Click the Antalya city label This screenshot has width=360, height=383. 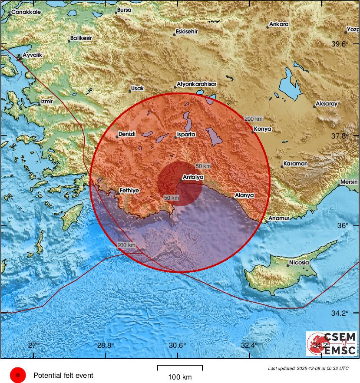pos(193,177)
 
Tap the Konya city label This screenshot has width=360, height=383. pos(263,129)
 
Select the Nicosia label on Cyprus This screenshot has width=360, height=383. pos(299,263)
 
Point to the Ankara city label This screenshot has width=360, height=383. pos(279,24)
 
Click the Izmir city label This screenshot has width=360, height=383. pos(46,102)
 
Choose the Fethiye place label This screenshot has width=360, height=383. pos(130,191)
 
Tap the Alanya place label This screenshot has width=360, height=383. pos(244,195)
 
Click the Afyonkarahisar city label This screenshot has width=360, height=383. pos(196,84)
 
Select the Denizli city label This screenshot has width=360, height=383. pos(128,134)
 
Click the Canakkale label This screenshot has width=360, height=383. pos(26,12)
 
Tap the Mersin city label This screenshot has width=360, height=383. pos(349,182)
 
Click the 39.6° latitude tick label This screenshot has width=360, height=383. pos(340,44)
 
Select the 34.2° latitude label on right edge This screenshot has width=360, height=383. pos(340,313)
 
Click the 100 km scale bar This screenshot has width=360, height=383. pos(180,367)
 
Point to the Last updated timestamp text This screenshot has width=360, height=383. pos(308,368)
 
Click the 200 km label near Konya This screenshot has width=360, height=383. pos(253,119)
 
